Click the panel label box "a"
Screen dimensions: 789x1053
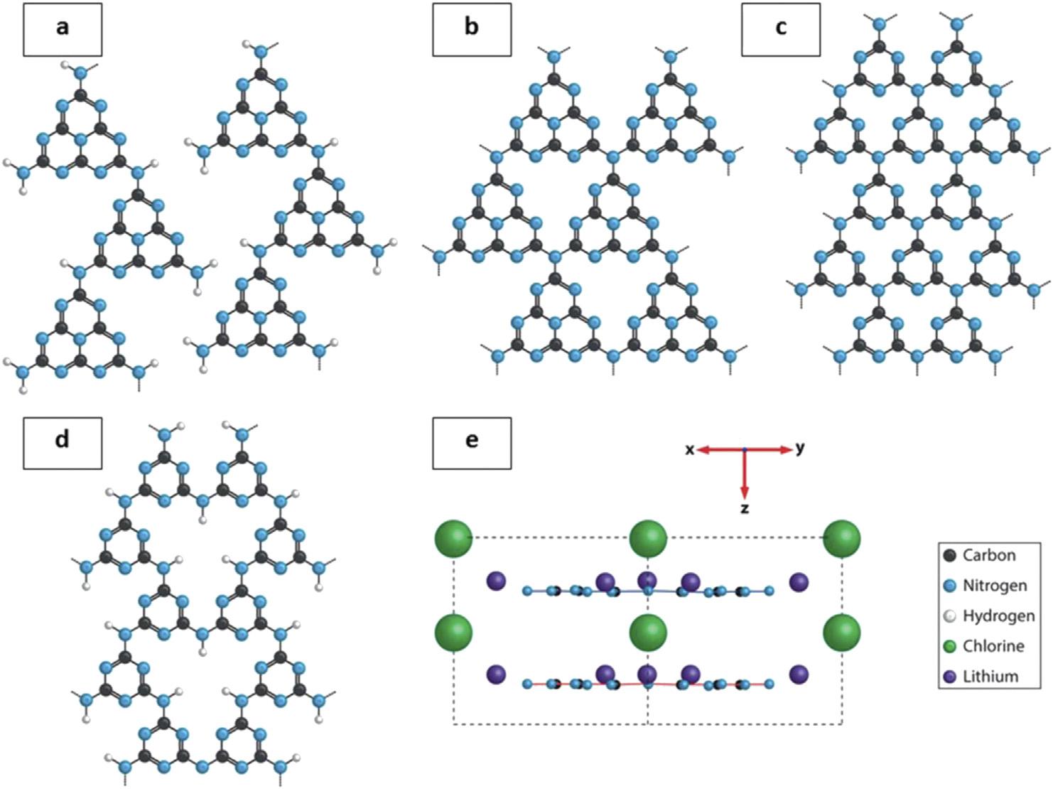click(63, 29)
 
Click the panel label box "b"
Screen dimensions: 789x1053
click(472, 29)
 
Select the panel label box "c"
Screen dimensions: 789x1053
click(781, 29)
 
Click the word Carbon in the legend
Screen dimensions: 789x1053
click(989, 555)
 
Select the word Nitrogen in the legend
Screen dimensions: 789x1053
click(995, 586)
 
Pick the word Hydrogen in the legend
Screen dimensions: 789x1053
click(998, 616)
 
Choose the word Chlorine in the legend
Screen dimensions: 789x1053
click(993, 646)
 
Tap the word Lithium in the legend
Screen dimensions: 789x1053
click(990, 677)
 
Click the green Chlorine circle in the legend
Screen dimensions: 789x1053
click(949, 647)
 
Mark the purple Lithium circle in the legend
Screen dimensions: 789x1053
click(949, 677)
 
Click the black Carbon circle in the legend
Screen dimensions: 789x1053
click(949, 556)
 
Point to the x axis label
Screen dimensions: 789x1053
click(689, 450)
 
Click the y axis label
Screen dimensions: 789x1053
click(800, 449)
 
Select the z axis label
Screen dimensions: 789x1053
click(745, 508)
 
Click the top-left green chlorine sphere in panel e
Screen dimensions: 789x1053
click(453, 539)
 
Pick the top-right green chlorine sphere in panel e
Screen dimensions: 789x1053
click(842, 539)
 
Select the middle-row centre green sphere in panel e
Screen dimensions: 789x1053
click(648, 632)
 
